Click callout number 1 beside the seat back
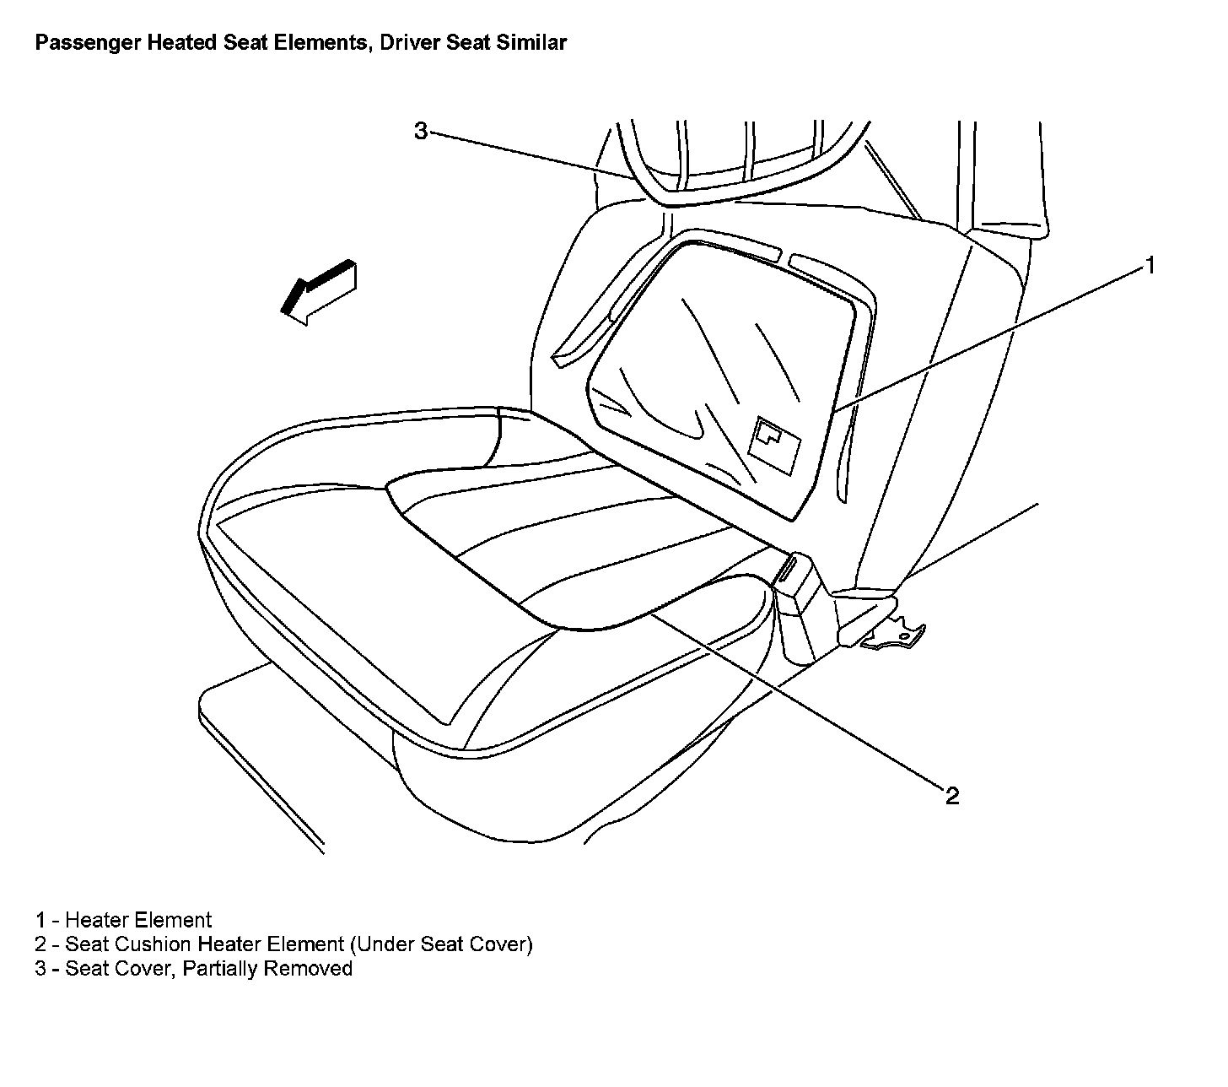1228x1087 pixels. [x=1149, y=266]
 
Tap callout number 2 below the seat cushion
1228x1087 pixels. [x=952, y=796]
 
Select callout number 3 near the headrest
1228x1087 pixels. [x=421, y=131]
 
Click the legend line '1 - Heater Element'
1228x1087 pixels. [x=123, y=920]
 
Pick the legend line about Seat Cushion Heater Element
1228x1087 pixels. [x=283, y=944]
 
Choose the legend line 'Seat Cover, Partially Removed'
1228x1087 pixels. [x=193, y=968]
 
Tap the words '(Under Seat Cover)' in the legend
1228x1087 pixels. [x=447, y=944]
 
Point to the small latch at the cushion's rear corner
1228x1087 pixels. [x=788, y=571]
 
